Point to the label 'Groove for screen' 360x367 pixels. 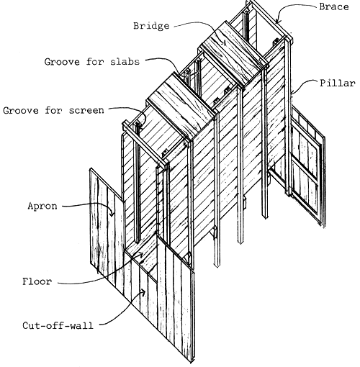click(53, 111)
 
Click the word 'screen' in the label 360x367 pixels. click(86, 111)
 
